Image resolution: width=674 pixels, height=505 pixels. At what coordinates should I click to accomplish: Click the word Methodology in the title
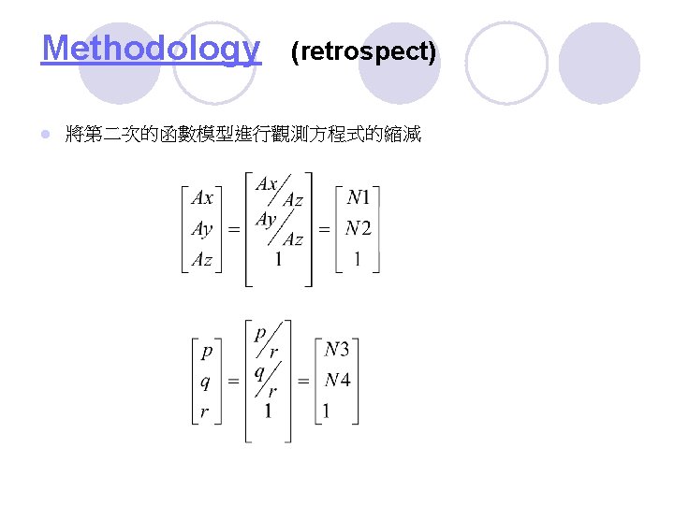(151, 49)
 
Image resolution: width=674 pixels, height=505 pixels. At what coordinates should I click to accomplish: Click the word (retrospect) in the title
(363, 51)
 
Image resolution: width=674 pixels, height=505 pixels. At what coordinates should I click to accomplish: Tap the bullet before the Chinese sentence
(46, 136)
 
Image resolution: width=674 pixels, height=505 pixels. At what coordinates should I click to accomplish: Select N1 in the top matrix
(359, 197)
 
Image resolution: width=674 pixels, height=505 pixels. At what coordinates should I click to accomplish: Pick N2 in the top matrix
(359, 228)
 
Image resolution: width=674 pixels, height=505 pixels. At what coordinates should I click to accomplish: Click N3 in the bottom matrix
(337, 350)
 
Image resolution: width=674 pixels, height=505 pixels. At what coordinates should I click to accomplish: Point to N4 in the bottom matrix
(337, 381)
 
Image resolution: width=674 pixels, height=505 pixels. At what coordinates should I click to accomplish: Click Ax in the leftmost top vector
(201, 197)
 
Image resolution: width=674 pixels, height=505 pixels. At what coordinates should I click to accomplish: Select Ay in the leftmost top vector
(201, 229)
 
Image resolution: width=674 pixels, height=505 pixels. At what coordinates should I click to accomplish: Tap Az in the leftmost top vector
(201, 260)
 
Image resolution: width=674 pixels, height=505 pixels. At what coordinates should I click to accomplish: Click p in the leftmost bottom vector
(206, 352)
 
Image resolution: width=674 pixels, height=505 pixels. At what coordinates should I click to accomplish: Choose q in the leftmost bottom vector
(206, 382)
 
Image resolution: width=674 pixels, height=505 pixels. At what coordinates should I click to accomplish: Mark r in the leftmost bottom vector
(206, 411)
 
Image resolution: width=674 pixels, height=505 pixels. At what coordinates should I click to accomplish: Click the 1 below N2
(357, 260)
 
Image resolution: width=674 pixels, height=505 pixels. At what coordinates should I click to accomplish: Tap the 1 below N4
(326, 411)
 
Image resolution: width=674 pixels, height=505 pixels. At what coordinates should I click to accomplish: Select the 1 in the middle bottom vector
(270, 411)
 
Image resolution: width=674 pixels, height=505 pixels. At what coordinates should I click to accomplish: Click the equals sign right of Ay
(234, 229)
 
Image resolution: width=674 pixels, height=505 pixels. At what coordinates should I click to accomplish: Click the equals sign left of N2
(324, 229)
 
